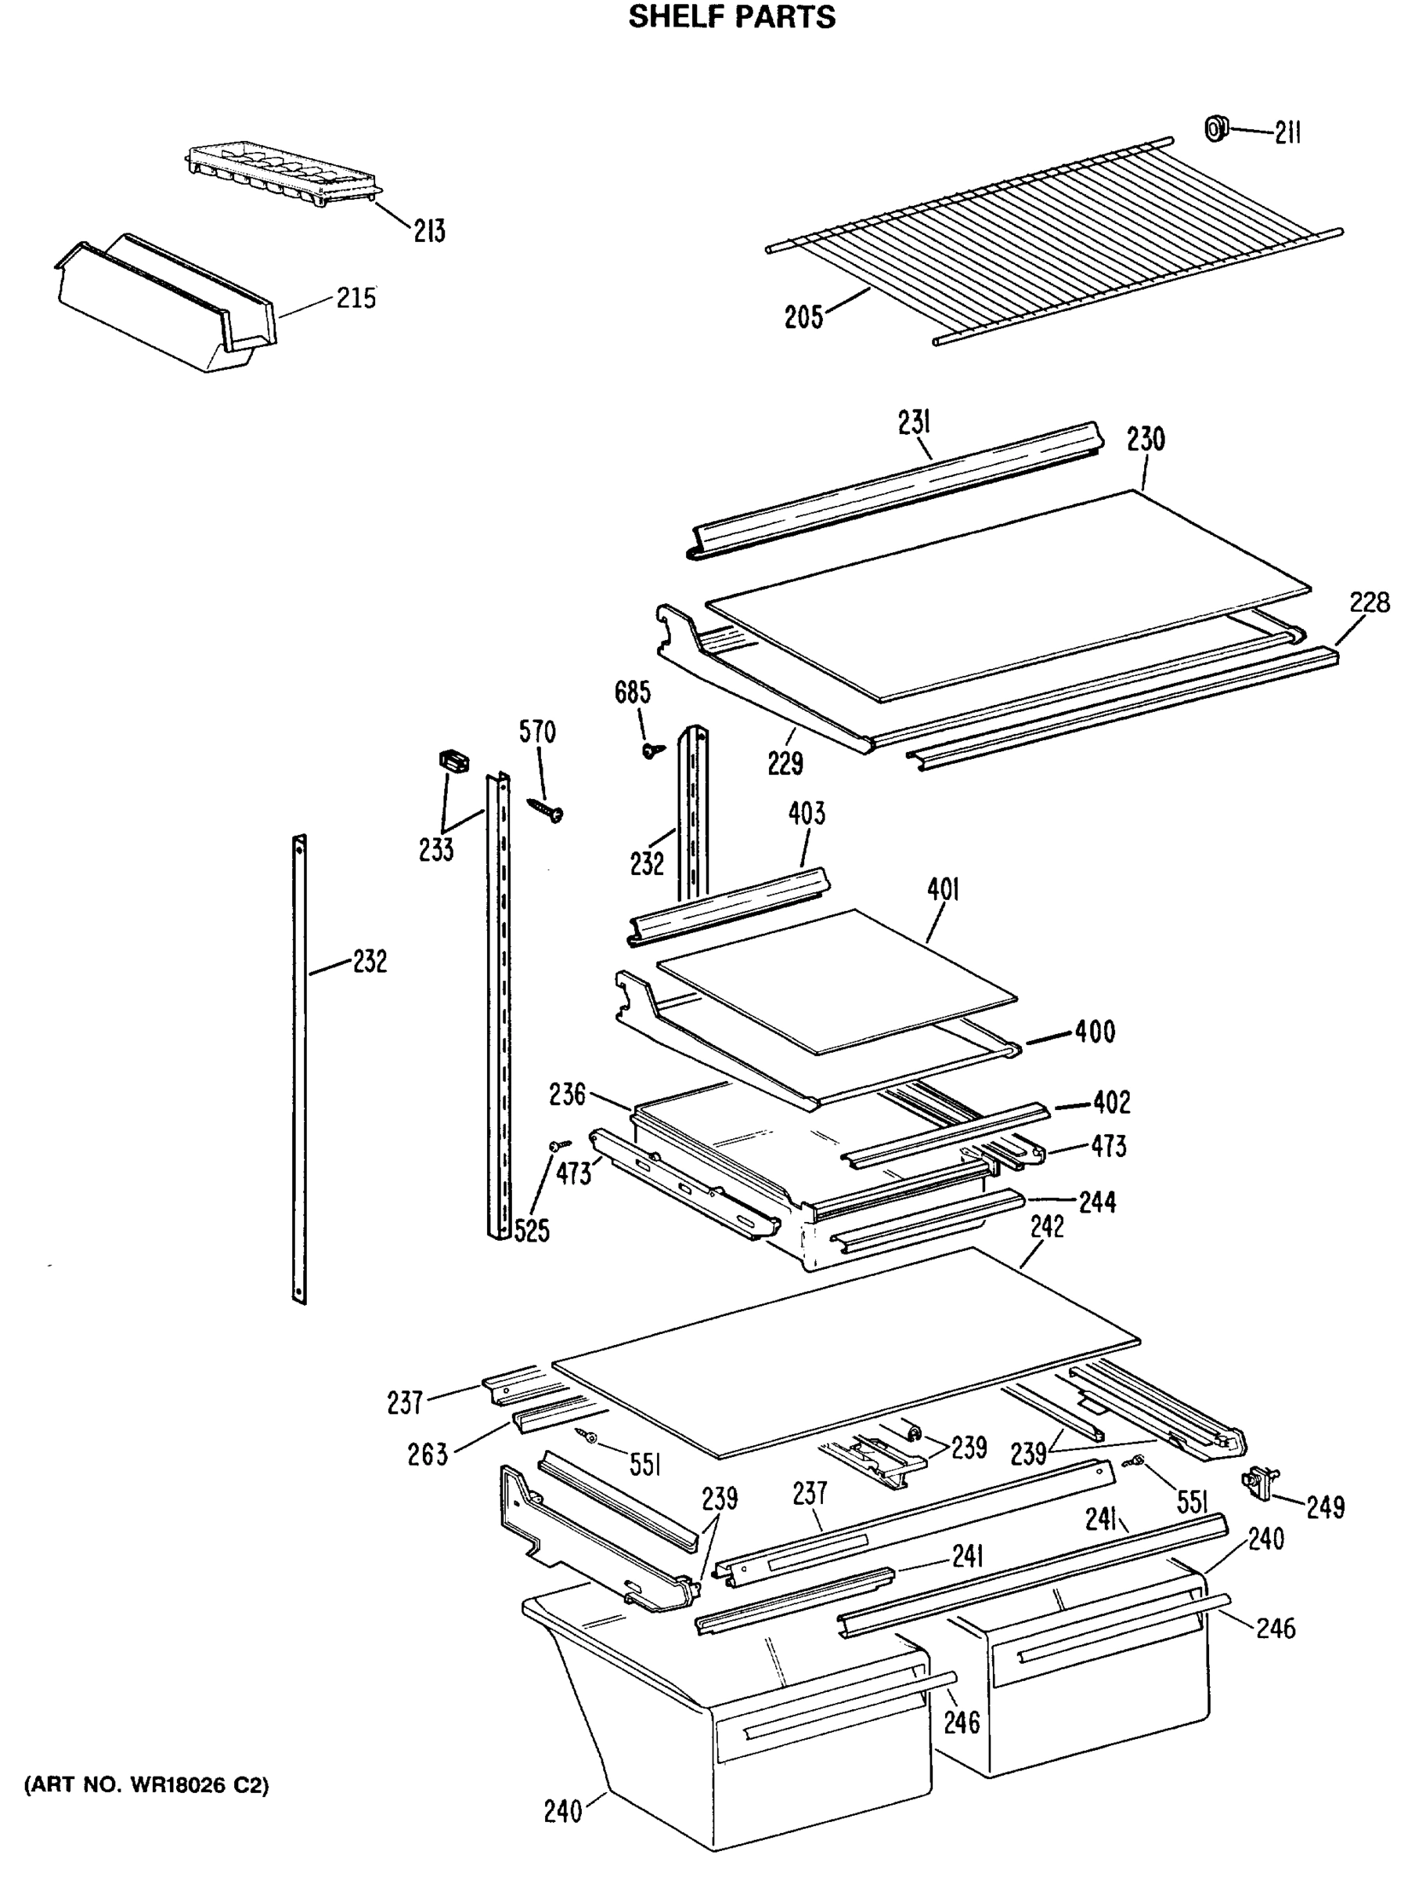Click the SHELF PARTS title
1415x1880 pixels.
tap(731, 18)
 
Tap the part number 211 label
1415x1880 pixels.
tap(1287, 133)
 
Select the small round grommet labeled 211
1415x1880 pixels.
tap(1217, 128)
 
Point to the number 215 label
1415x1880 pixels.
tap(356, 298)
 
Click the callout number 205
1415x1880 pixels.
tap(803, 318)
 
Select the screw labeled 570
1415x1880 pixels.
tap(547, 809)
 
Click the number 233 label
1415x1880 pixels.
tap(436, 849)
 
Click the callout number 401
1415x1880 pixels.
tap(943, 891)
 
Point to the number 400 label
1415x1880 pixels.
tap(1095, 1032)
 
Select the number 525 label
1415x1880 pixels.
tap(532, 1230)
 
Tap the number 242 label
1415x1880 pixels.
tap(1046, 1227)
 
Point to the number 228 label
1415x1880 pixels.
tap(1369, 602)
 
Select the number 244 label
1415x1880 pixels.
tap(1097, 1202)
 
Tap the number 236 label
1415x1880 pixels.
tap(567, 1094)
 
